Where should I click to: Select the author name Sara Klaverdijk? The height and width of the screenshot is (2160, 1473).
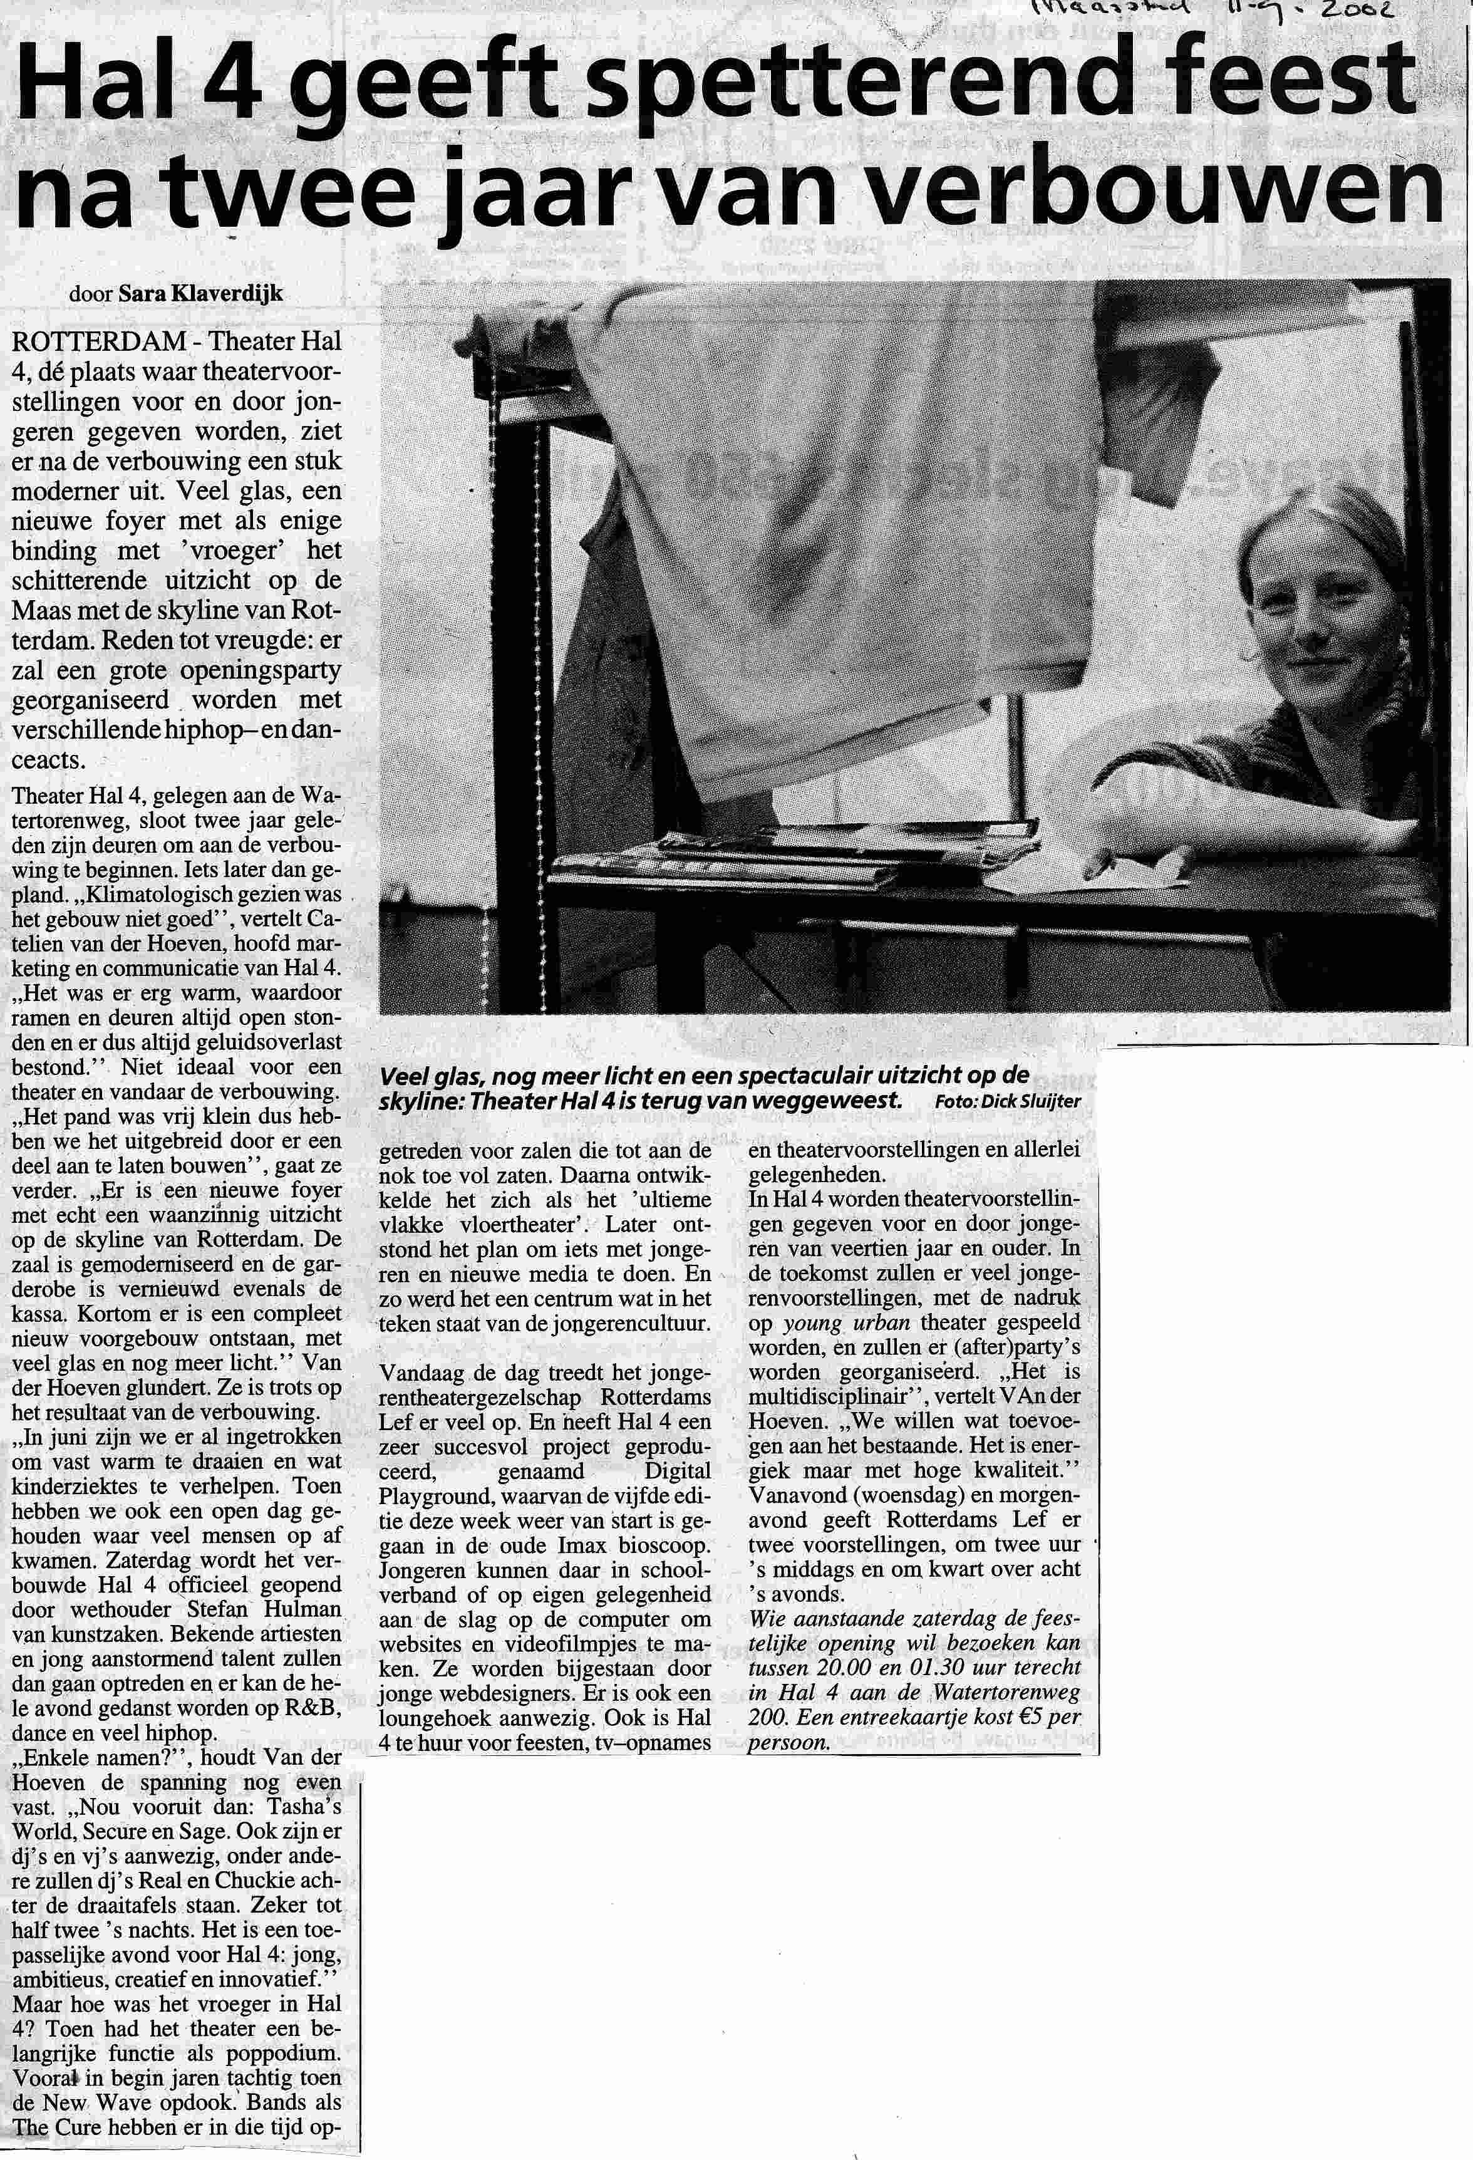coord(200,294)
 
